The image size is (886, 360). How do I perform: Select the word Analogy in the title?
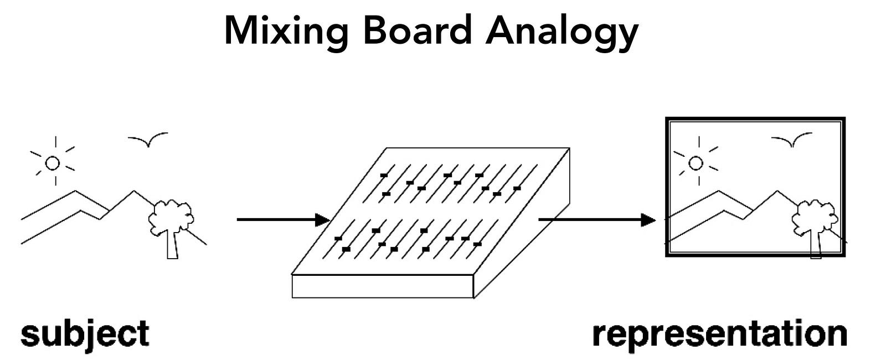(562, 32)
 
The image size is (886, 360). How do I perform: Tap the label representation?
(720, 334)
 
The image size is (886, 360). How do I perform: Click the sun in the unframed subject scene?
(53, 163)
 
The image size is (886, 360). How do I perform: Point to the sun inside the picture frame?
(696, 163)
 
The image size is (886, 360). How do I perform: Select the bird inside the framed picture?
(792, 141)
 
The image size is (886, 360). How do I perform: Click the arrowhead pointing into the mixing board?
(323, 220)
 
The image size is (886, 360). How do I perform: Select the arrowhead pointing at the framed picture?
(648, 220)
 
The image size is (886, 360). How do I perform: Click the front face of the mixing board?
(382, 286)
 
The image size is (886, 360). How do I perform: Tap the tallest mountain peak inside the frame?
(719, 192)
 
